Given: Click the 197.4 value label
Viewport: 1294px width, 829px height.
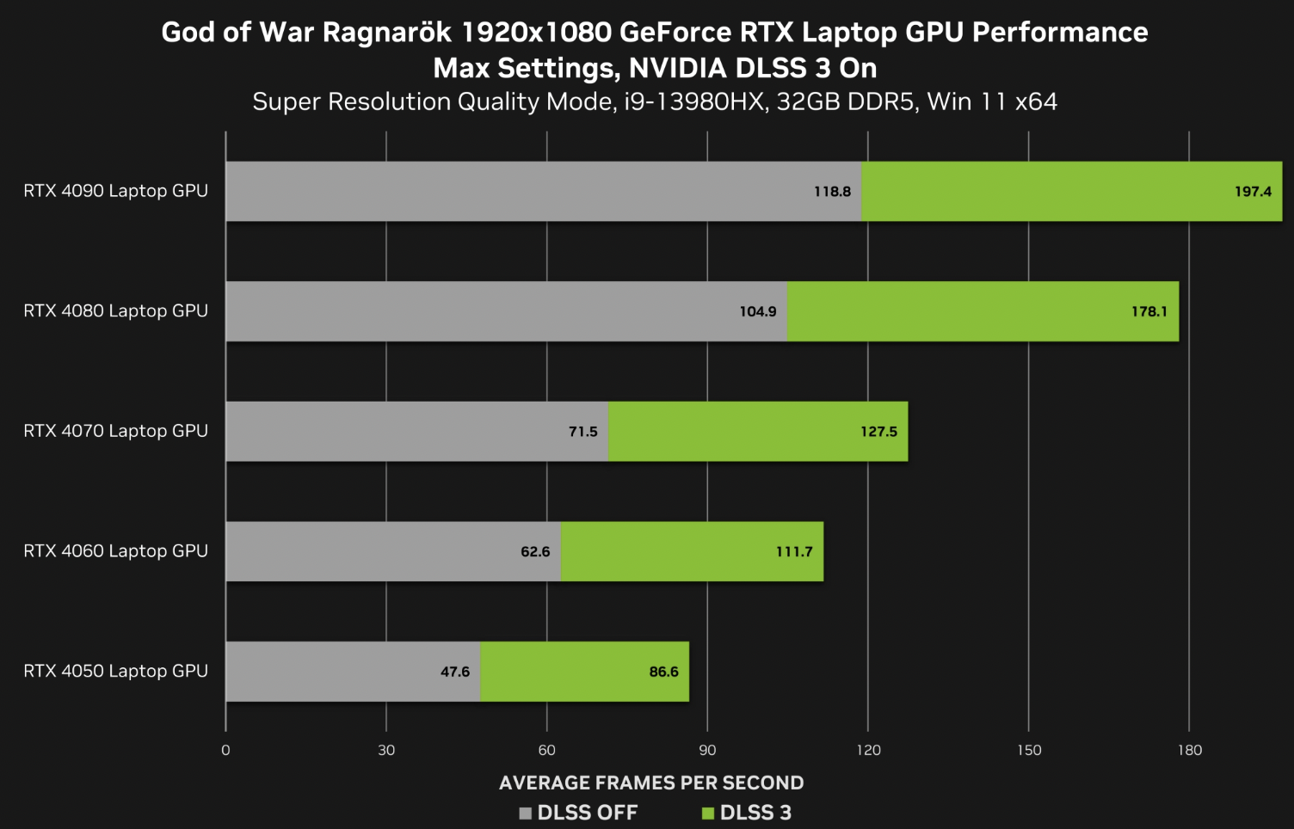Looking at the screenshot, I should coord(1252,192).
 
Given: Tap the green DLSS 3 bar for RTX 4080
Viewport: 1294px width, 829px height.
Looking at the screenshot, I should coord(981,311).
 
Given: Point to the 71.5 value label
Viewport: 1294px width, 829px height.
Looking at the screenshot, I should coord(582,432).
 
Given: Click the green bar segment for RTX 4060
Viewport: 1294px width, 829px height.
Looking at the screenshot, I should coord(692,551).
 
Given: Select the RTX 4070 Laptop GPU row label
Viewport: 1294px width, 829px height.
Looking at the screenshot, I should coord(115,431).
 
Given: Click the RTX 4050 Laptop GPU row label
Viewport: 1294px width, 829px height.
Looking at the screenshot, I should coord(115,671).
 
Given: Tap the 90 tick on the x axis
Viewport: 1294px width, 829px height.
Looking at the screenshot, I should coord(707,750).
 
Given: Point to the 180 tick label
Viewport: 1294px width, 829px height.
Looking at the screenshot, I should coord(1189,750).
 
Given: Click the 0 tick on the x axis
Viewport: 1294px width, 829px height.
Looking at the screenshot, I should coord(225,750).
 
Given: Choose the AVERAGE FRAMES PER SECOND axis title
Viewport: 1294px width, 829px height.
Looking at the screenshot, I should coord(650,783).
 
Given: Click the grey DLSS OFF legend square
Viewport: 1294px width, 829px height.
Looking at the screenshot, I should coord(526,814).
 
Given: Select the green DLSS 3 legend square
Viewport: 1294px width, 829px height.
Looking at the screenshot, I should coord(708,814).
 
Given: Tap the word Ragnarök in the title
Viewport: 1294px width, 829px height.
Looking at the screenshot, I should coord(387,33).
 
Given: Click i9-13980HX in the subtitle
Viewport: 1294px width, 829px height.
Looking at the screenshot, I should coord(695,101).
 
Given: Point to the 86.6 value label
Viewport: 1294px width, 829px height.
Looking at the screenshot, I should coord(663,672).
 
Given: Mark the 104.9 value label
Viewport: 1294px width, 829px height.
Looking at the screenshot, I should coord(757,311).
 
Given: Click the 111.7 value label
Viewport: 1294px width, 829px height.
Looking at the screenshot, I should coord(793,551).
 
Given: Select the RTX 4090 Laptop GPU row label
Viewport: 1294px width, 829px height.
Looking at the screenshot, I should coord(115,191).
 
